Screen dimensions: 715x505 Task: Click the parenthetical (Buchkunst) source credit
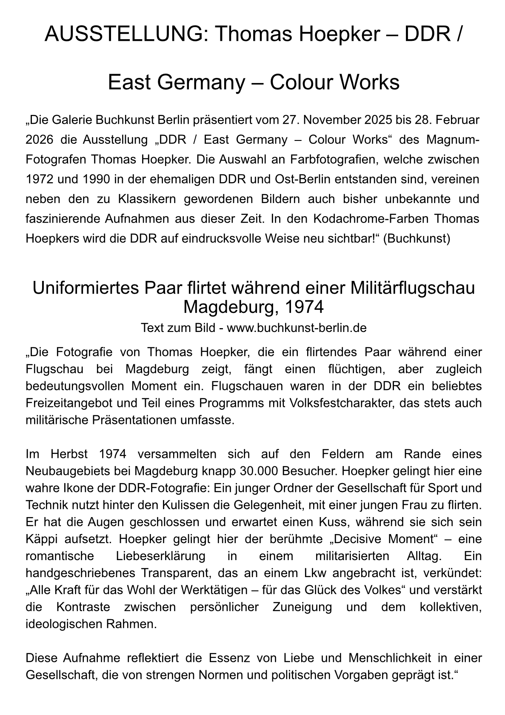point(417,238)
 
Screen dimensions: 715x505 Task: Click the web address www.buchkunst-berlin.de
point(297,328)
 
